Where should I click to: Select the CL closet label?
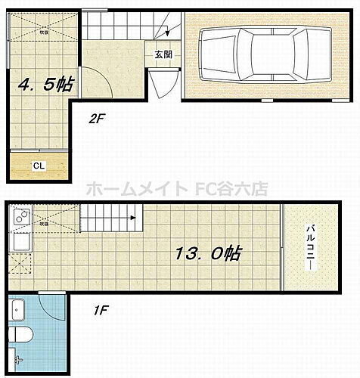tap(36, 166)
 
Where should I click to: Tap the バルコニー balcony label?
tap(311, 246)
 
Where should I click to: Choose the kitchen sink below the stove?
tap(20, 243)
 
